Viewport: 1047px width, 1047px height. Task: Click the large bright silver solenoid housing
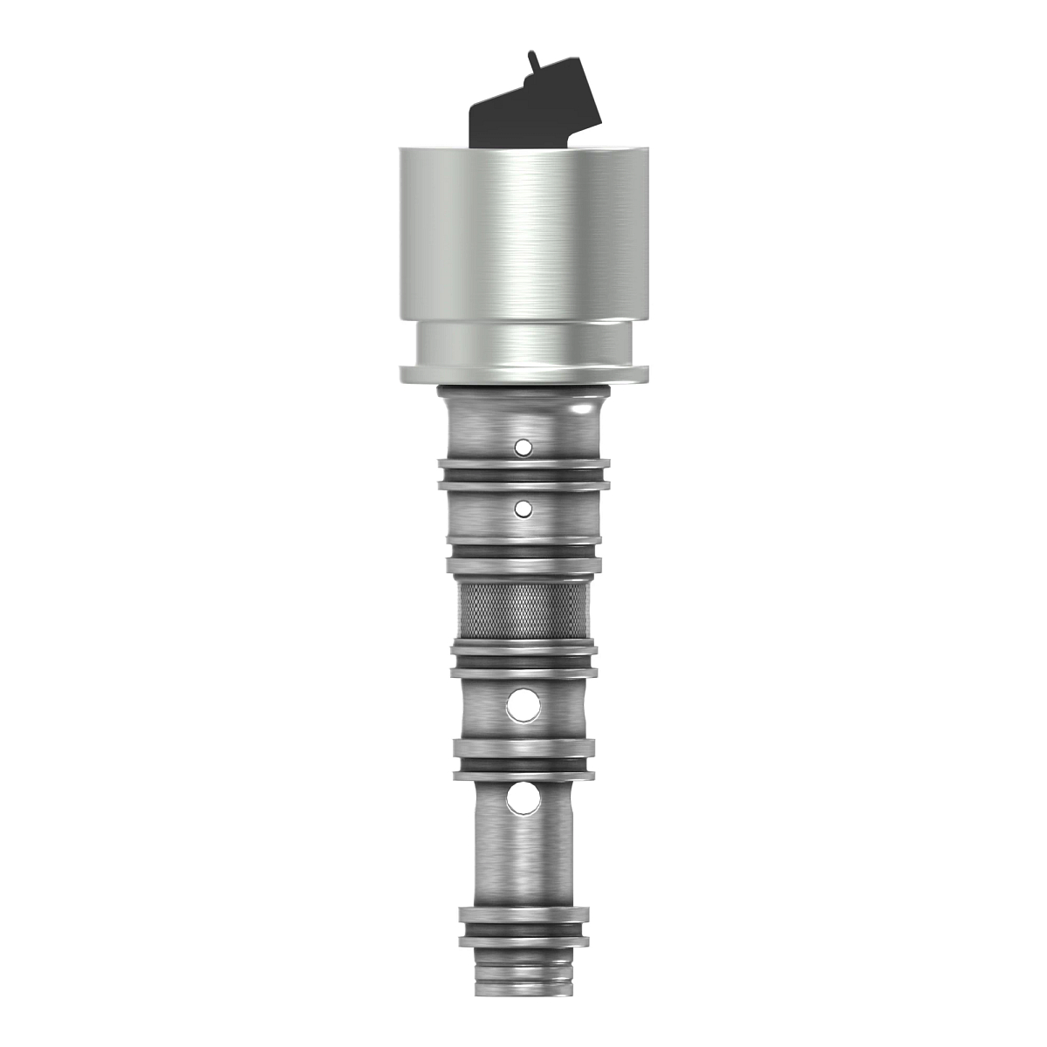point(523,236)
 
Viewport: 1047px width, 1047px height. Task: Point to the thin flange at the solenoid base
point(523,376)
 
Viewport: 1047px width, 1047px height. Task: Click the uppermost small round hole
point(523,448)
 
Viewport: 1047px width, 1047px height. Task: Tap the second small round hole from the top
point(523,506)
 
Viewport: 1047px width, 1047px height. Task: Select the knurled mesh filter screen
point(523,611)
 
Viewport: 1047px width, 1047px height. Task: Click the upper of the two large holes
point(523,705)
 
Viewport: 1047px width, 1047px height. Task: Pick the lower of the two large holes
point(523,797)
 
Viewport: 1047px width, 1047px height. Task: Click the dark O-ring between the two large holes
point(523,763)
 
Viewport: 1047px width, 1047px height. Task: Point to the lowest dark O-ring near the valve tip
point(523,930)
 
